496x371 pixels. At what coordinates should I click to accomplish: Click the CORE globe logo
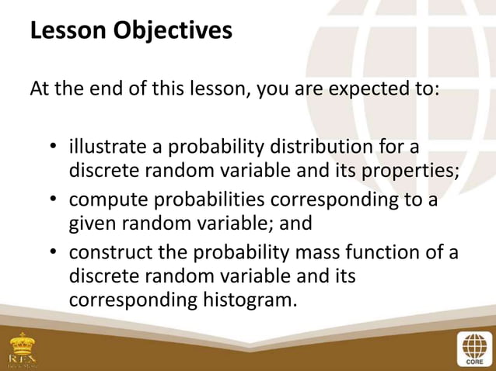pyautogui.click(x=471, y=348)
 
